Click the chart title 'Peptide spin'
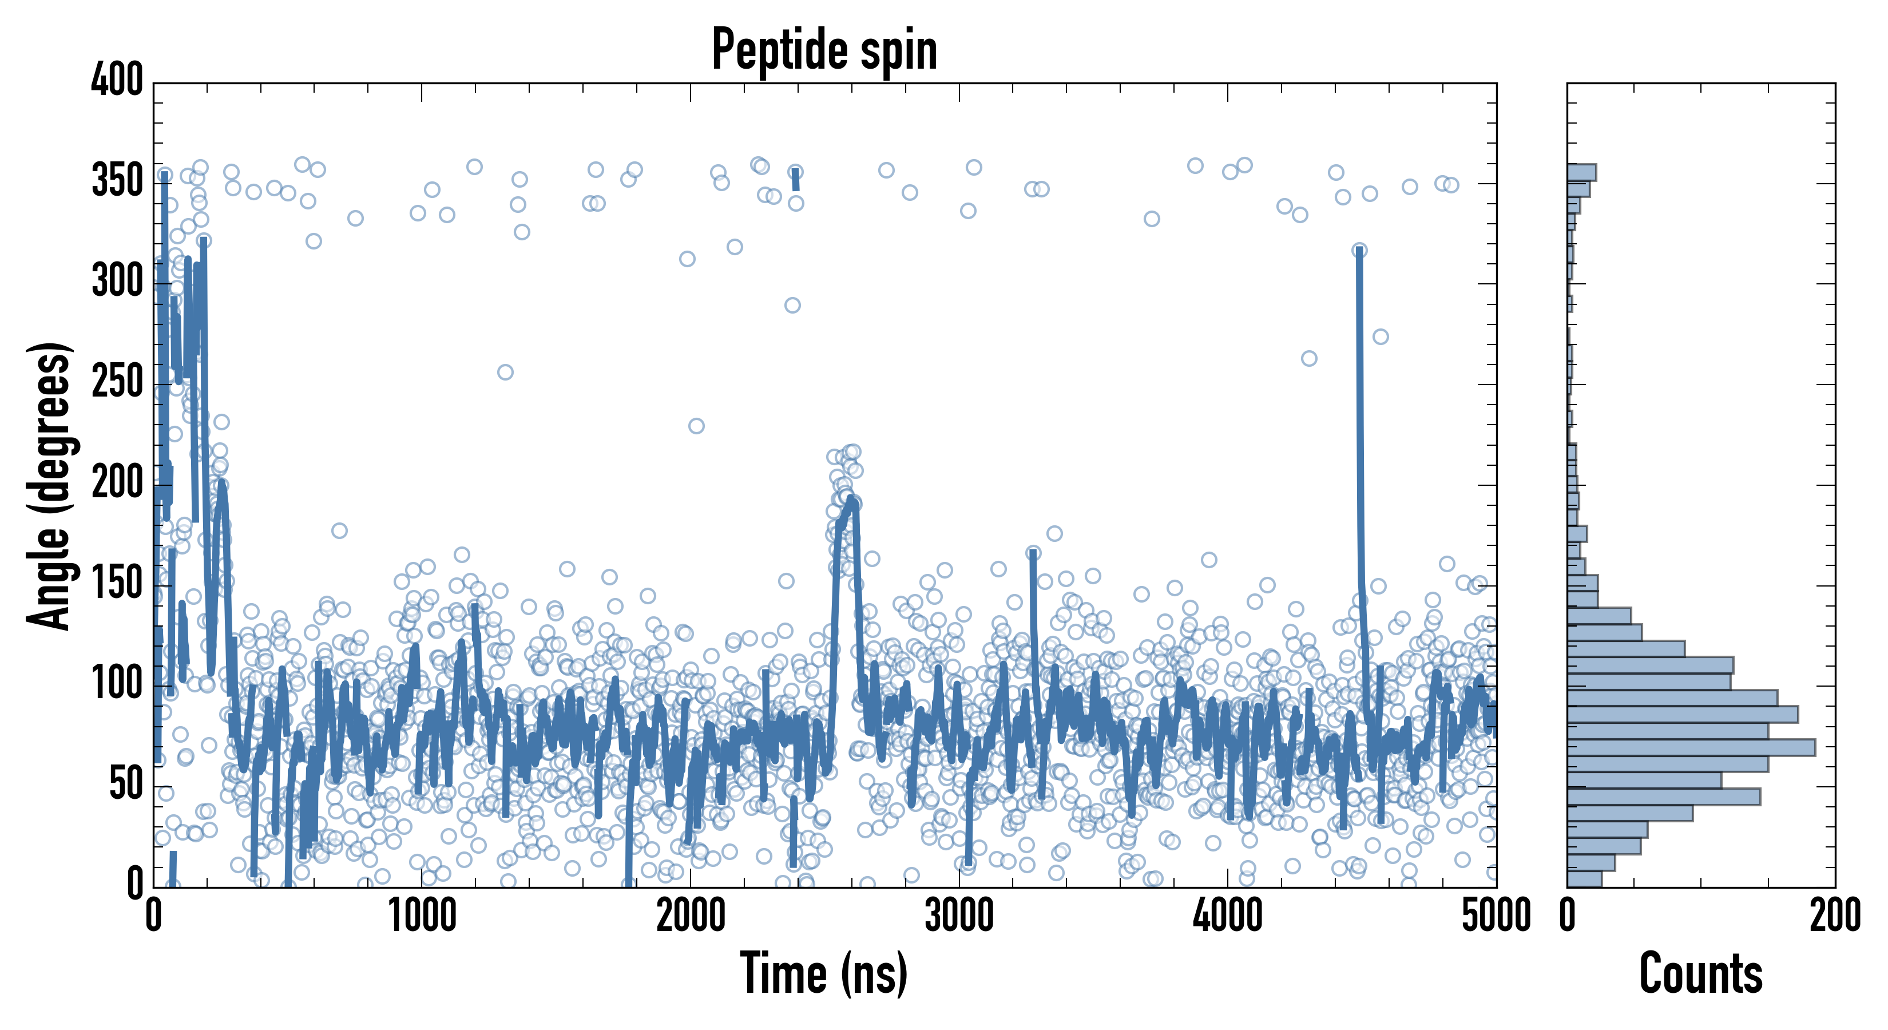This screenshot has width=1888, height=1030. click(824, 50)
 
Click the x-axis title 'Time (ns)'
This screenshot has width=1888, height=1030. click(824, 973)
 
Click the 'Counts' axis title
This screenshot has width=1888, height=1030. click(1700, 973)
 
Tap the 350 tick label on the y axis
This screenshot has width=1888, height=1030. click(117, 180)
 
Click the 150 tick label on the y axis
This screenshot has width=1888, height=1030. click(117, 584)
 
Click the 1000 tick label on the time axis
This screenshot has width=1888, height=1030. click(422, 916)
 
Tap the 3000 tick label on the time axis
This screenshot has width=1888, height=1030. click(959, 916)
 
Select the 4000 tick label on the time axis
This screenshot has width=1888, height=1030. click(1228, 916)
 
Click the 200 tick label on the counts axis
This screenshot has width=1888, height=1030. click(1834, 916)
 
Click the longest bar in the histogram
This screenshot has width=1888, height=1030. click(1690, 747)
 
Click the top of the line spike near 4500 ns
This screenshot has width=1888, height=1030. click(1359, 251)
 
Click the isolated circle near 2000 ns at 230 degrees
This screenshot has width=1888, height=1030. click(696, 426)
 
